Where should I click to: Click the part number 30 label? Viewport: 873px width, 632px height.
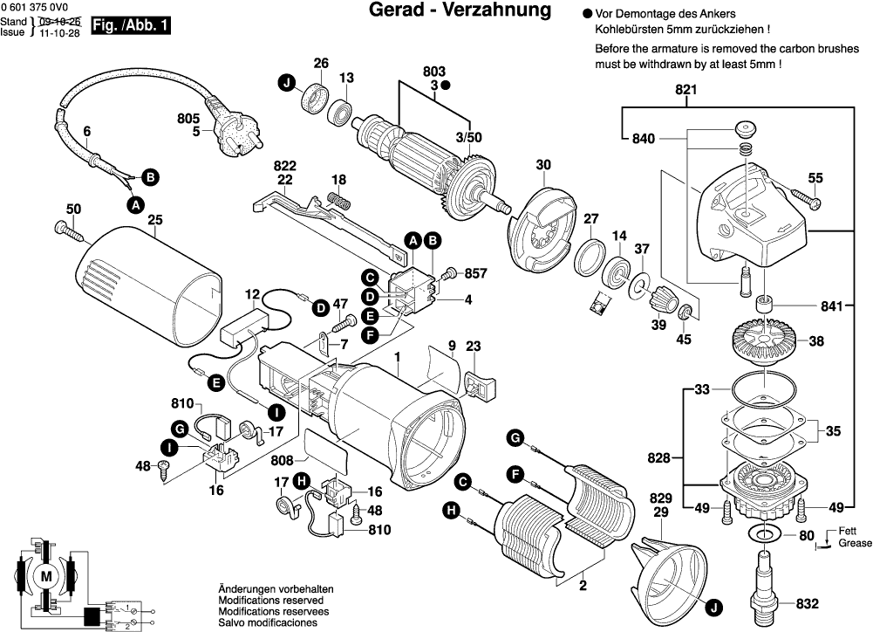pyautogui.click(x=543, y=165)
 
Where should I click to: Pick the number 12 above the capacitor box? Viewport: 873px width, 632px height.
pyautogui.click(x=252, y=294)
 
